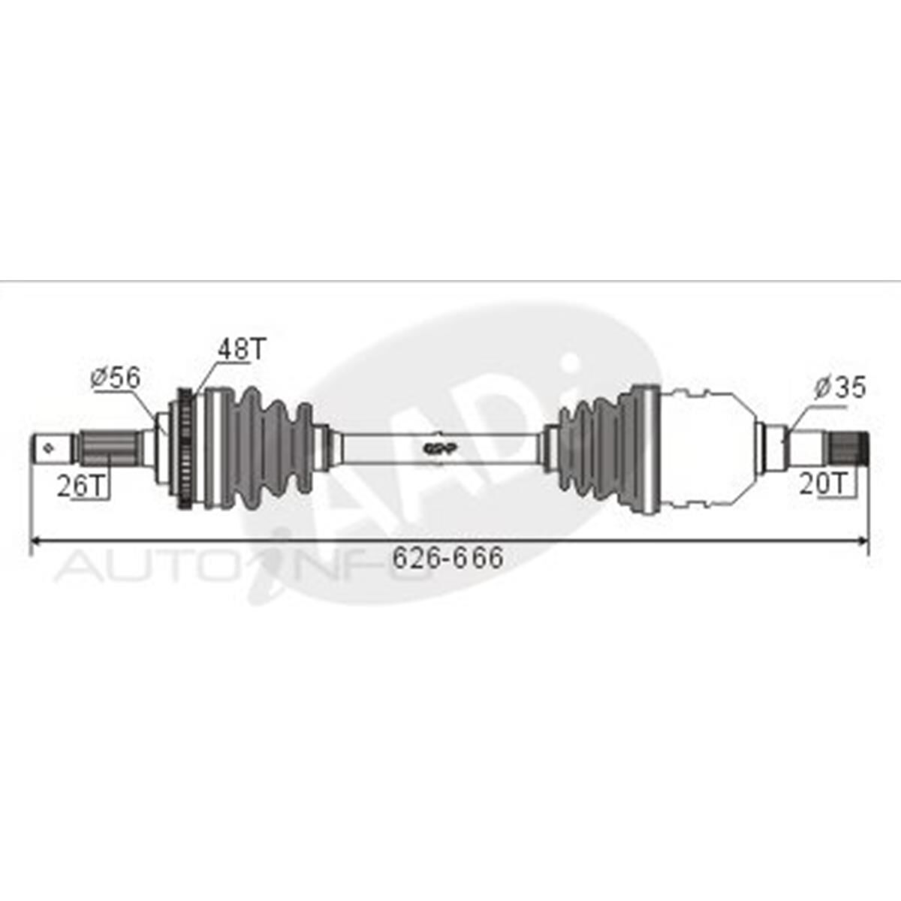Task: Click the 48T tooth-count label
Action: click(242, 348)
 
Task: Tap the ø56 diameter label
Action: click(115, 378)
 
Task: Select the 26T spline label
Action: click(82, 487)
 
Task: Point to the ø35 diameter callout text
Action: click(839, 387)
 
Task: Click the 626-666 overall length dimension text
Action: click(448, 557)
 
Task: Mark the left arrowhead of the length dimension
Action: click(36, 540)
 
